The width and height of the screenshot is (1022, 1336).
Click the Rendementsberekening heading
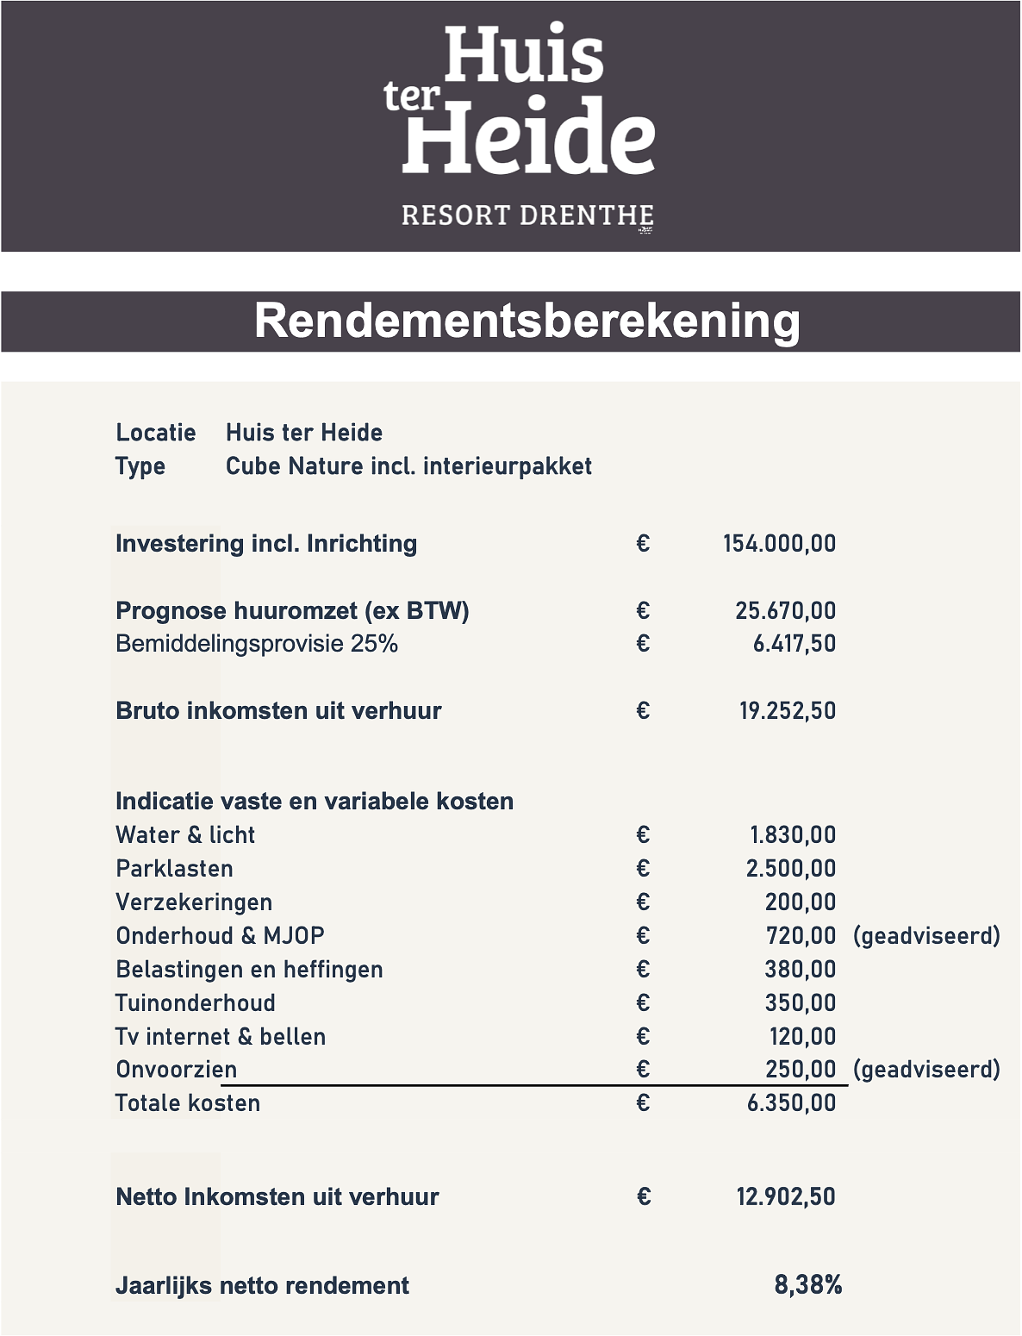click(527, 321)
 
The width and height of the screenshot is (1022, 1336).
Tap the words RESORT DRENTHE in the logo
click(527, 215)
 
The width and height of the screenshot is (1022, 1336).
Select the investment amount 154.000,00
click(779, 543)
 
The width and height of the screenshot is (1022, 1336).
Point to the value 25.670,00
click(785, 610)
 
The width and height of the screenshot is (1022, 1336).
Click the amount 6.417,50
click(794, 644)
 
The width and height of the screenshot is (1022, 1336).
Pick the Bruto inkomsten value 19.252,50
click(787, 711)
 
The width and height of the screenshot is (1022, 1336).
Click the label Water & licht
click(185, 834)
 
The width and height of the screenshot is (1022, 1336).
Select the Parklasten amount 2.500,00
click(790, 868)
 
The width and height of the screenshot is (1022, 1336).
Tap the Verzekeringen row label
click(194, 902)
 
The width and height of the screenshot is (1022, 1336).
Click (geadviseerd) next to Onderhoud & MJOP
click(926, 935)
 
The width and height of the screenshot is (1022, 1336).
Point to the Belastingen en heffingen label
click(249, 969)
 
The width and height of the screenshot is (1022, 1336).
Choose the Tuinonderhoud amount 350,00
click(800, 1002)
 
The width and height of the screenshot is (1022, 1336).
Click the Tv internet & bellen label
click(221, 1036)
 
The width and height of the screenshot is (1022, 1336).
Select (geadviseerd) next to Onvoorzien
click(926, 1070)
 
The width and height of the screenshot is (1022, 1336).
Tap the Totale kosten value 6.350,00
click(791, 1103)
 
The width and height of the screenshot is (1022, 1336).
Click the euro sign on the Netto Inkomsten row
click(643, 1196)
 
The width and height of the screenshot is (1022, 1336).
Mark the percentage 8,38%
click(807, 1285)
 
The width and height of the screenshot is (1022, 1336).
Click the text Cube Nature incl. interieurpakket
click(408, 466)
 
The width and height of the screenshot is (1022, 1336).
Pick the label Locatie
click(156, 433)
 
